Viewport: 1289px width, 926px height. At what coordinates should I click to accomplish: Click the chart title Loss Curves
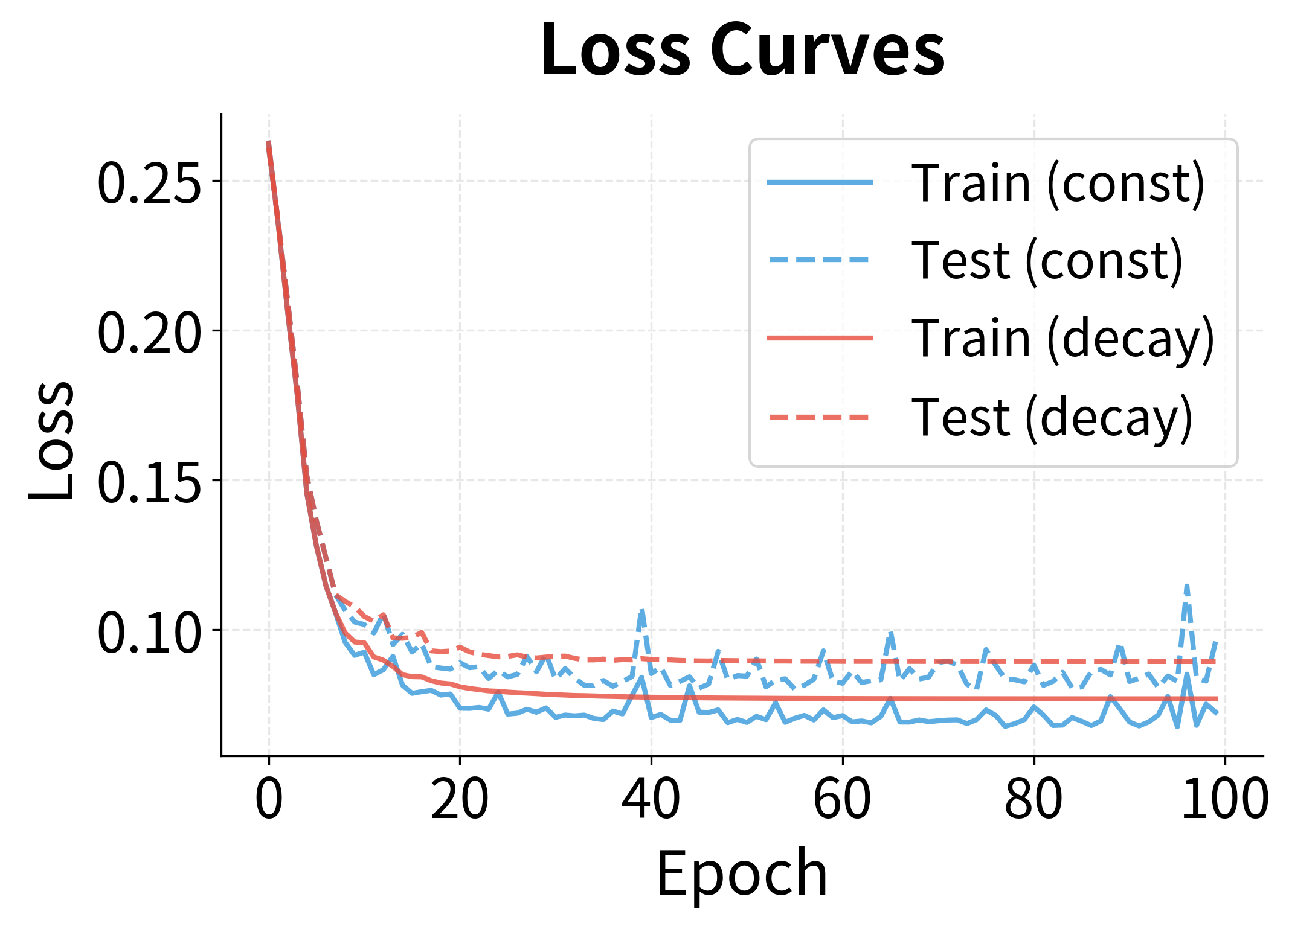742,49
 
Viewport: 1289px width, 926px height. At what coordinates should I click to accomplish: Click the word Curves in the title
828,49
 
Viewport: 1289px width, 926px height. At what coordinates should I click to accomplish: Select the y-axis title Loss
52,441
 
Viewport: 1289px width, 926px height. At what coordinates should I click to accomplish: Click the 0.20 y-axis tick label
149,332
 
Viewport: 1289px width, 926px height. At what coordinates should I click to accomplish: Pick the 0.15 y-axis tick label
149,482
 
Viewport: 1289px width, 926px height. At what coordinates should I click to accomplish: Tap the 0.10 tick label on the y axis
149,631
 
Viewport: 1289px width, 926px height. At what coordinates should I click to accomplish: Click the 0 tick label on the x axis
269,798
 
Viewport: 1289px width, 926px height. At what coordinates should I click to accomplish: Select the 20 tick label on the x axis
460,798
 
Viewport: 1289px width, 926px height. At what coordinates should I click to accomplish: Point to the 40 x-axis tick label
651,798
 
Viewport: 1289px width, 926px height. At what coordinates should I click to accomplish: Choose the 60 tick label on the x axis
843,798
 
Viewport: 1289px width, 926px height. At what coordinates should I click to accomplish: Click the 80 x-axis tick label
1033,798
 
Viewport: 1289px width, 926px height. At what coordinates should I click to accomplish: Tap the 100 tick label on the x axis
1224,798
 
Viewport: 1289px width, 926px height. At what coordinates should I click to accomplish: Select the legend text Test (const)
1047,260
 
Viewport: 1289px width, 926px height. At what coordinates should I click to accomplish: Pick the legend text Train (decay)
1062,339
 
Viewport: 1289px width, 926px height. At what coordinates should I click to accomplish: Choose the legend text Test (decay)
1052,417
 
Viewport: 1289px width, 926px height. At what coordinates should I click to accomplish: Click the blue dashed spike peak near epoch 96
1187,585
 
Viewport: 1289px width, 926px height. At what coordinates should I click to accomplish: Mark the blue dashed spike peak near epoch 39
642,610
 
